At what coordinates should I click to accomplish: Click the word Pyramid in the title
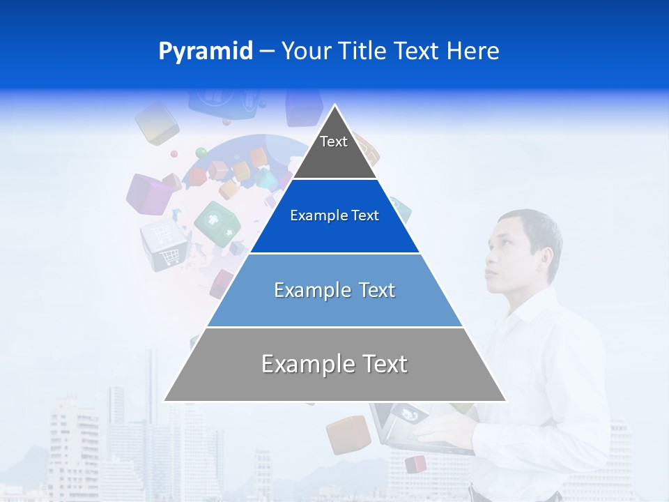(206, 51)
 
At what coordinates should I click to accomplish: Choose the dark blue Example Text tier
(334, 216)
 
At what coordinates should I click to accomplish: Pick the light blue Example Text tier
(334, 290)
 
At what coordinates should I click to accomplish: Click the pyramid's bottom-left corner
(165, 400)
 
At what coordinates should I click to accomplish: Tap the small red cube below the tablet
(415, 464)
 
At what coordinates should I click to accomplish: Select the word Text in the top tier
(333, 142)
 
